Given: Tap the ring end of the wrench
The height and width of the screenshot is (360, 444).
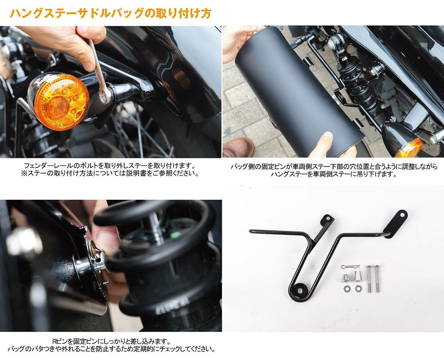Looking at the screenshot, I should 105,96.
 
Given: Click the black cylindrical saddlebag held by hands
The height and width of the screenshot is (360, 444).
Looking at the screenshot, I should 296,92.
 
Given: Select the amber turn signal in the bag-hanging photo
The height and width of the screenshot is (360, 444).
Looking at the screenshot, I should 409,148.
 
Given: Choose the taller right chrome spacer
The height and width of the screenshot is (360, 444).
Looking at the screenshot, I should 357,276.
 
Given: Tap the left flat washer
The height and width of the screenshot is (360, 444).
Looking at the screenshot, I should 347,288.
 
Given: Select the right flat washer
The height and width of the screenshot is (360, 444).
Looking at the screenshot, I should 358,288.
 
